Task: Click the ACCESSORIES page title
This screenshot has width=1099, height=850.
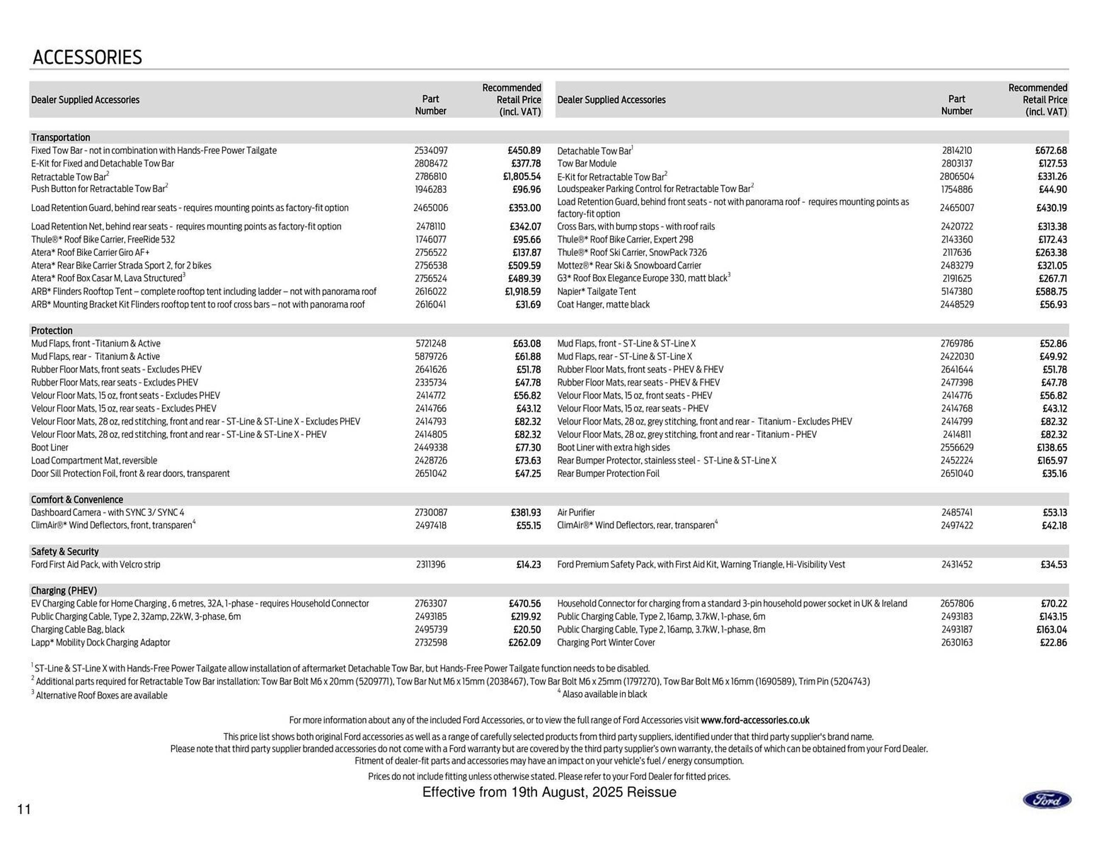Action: coord(87,57)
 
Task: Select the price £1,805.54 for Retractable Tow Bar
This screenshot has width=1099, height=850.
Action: coord(522,177)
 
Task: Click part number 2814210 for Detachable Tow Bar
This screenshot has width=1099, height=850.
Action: coord(957,150)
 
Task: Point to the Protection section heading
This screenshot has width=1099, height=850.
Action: coord(52,330)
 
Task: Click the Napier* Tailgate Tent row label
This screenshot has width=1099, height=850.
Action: coord(596,292)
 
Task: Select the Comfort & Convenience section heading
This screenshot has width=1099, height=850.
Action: coord(77,499)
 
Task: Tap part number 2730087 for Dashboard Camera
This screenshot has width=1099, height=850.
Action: coord(431,513)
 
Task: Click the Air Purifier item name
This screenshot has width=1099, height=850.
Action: coord(576,513)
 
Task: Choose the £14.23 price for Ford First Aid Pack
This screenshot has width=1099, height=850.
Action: coord(528,564)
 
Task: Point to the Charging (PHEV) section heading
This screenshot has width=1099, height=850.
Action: coord(64,590)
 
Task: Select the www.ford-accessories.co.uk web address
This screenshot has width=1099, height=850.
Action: coord(755,720)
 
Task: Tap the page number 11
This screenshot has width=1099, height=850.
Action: coord(24,809)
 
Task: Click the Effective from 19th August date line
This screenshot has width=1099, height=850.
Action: coord(549,792)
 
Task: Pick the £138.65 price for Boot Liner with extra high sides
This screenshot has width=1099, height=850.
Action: coord(1052,448)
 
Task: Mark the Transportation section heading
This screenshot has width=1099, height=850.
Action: coord(60,137)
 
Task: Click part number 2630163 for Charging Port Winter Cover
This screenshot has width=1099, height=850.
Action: coord(957,643)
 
